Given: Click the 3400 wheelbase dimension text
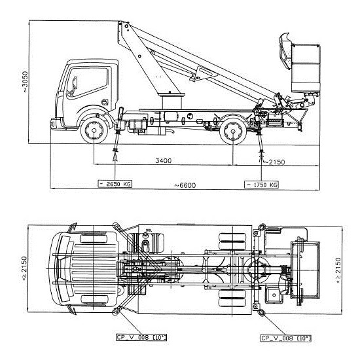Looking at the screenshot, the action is point(164,160).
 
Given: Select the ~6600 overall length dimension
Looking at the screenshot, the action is point(185,185).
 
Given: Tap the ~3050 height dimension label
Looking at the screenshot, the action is point(25,82).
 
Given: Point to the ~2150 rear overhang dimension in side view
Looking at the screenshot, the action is point(274,162).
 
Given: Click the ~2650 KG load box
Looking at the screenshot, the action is point(115,184).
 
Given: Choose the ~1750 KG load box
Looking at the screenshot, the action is point(262,185).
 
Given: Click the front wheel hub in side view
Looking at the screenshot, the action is point(94,130).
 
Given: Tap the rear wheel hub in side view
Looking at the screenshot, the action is point(233,131).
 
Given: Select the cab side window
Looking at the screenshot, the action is point(87,82).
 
